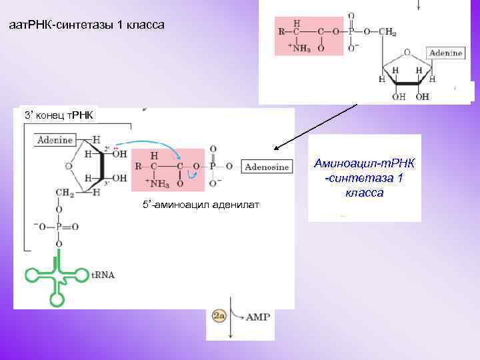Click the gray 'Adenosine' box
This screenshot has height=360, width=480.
point(267,167)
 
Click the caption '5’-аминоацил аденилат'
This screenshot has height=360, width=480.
point(201,204)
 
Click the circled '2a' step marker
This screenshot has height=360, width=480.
point(219,317)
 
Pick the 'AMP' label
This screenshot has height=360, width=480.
point(259,317)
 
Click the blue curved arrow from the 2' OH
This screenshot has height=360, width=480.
point(153,145)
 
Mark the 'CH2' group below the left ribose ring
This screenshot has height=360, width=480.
point(64,193)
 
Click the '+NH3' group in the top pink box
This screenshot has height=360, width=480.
point(297,47)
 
